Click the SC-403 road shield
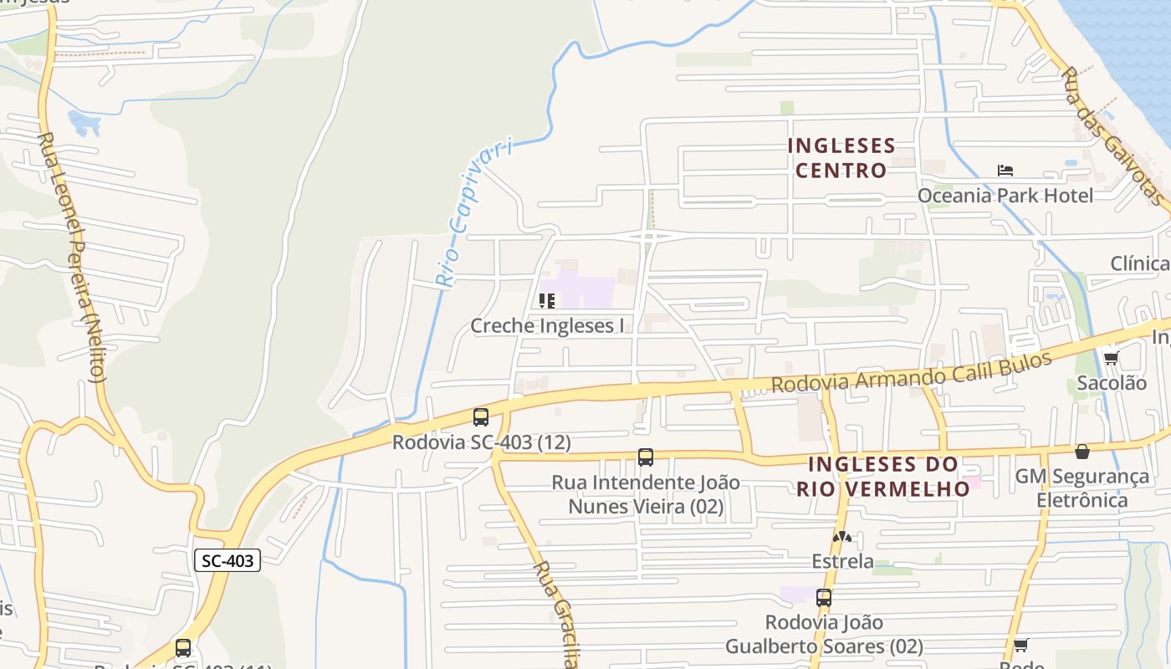(x=228, y=560)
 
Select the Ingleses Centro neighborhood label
(x=841, y=158)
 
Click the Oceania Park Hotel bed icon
(x=1005, y=171)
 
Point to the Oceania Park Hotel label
(x=1005, y=196)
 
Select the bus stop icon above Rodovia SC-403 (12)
(x=481, y=416)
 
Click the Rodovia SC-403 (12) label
(x=482, y=442)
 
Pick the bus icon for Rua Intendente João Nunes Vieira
(x=646, y=457)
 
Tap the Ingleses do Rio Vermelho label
(x=883, y=476)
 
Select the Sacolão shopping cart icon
(x=1111, y=358)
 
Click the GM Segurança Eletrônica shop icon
(x=1082, y=452)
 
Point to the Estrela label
(x=842, y=561)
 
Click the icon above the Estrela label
(x=842, y=536)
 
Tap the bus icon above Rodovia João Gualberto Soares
(x=824, y=598)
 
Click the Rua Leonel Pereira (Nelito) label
(x=74, y=255)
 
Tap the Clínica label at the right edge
(x=1139, y=264)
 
